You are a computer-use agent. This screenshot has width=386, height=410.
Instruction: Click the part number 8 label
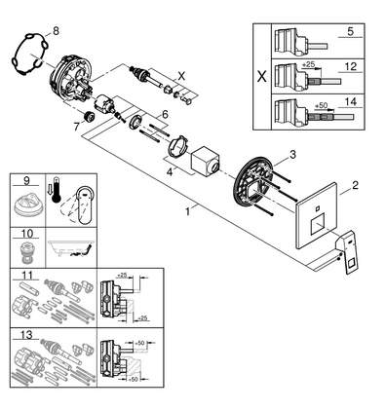pyautogui.click(x=56, y=31)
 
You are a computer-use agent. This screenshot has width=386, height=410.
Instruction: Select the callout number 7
pyautogui.click(x=77, y=127)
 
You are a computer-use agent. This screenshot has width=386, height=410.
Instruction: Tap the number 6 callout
pyautogui.click(x=165, y=114)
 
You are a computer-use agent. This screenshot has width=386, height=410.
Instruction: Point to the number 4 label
pyautogui.click(x=170, y=172)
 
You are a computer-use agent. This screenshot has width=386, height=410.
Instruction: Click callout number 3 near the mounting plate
pyautogui.click(x=292, y=155)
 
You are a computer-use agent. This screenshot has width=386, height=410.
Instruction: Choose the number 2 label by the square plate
pyautogui.click(x=355, y=185)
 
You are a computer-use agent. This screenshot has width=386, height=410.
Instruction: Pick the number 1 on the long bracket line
pyautogui.click(x=187, y=211)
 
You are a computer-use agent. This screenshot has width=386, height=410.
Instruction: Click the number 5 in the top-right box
pyautogui.click(x=350, y=31)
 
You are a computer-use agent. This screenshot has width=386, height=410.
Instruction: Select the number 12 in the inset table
pyautogui.click(x=350, y=67)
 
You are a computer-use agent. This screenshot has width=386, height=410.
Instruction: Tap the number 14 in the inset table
pyautogui.click(x=350, y=102)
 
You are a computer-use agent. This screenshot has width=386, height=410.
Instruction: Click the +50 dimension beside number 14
pyautogui.click(x=321, y=106)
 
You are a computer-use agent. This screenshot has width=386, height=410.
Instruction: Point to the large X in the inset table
pyautogui.click(x=261, y=77)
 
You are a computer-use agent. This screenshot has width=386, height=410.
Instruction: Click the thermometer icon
pyautogui.click(x=57, y=190)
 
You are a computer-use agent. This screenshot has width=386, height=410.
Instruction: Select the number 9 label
pyautogui.click(x=26, y=180)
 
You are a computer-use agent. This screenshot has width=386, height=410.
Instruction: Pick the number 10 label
pyautogui.click(x=27, y=234)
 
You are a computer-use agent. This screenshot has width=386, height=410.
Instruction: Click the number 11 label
pyautogui.click(x=27, y=275)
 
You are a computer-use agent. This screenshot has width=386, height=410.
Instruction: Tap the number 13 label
pyautogui.click(x=27, y=334)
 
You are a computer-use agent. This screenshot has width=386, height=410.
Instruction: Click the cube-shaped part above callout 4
pyautogui.click(x=205, y=162)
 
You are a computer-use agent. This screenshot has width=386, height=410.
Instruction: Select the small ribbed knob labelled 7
pyautogui.click(x=88, y=116)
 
